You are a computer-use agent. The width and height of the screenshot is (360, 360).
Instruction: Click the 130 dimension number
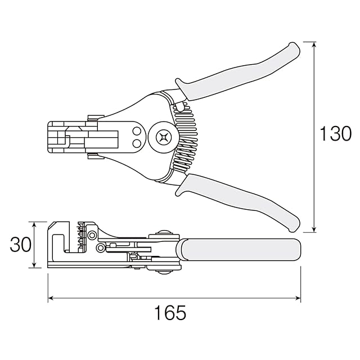coord(335,133)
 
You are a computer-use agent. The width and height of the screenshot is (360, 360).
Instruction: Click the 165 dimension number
coord(170,313)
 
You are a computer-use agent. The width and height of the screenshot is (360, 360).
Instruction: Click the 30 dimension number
coord(20,245)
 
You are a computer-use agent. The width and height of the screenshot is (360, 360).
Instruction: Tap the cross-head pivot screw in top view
coord(164,137)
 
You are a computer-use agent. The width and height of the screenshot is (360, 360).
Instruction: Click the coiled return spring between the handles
coord(185,137)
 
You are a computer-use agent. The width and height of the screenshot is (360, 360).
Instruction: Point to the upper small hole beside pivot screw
coord(137,131)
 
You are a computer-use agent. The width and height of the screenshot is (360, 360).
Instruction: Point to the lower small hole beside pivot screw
coord(137,143)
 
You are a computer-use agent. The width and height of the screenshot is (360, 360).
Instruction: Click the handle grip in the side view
coord(238,250)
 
